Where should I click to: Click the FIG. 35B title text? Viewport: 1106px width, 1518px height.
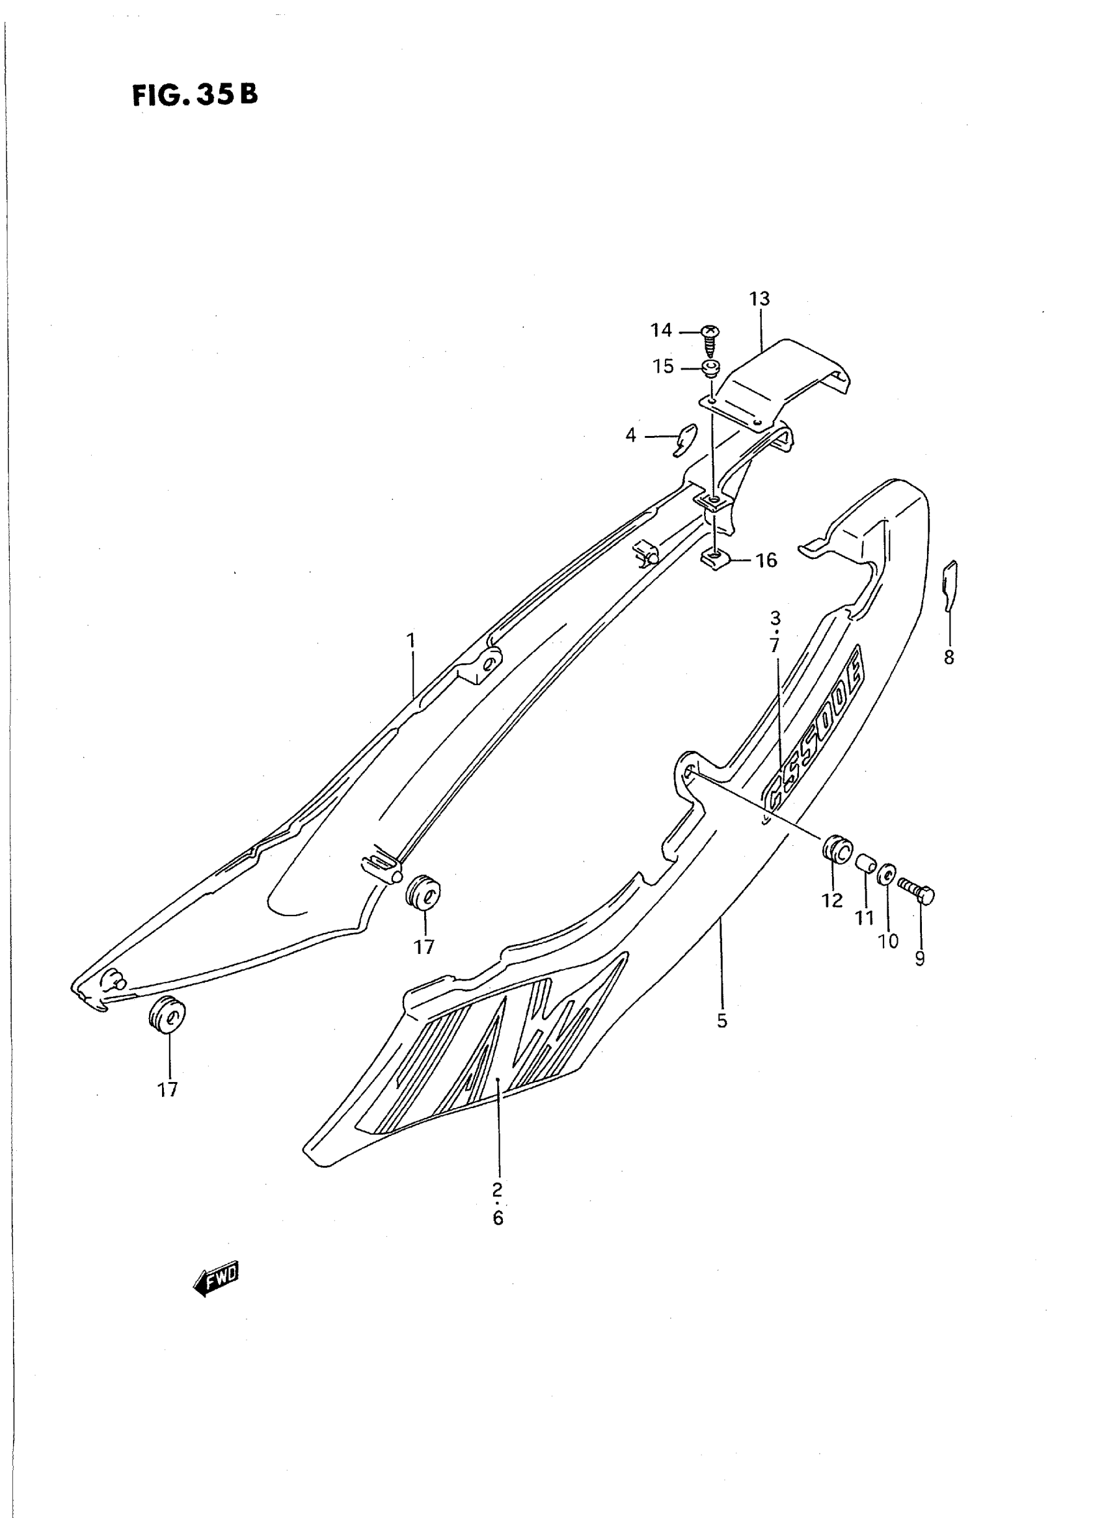click(x=195, y=95)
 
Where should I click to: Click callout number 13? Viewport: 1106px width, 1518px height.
click(x=760, y=299)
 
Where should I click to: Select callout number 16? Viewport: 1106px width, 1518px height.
click(x=766, y=560)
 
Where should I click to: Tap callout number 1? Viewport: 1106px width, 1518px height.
click(x=411, y=640)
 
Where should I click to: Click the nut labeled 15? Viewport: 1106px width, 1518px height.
click(x=710, y=368)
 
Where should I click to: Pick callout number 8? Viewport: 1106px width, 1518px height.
click(x=949, y=658)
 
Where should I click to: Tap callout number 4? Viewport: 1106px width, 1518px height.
click(x=630, y=436)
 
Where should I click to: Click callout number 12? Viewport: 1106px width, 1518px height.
click(x=832, y=901)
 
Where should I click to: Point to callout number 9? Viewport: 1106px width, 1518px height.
click(x=920, y=959)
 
